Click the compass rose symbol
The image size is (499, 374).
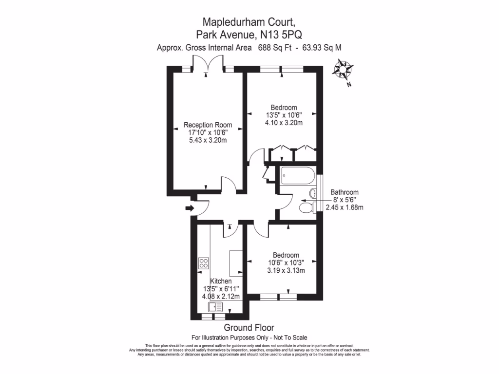pos(343,69)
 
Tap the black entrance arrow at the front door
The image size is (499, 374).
pos(190,209)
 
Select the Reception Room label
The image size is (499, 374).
pos(208,125)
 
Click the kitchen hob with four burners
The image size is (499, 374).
pos(204,264)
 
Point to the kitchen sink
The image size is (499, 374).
pos(215,307)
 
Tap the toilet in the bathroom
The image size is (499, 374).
pos(307,208)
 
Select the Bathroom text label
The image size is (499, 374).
pos(345,192)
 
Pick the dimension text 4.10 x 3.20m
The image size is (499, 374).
pos(284,123)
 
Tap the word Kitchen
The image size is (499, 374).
pos(221,281)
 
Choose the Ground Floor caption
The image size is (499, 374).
pos(249,328)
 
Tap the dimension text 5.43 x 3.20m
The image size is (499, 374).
pos(208,140)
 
